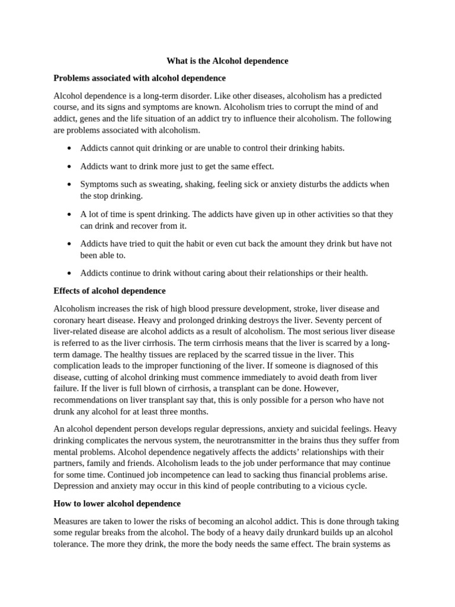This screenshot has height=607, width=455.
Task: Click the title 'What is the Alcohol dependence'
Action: point(227,60)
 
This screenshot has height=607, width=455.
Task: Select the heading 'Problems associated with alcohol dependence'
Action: point(139,78)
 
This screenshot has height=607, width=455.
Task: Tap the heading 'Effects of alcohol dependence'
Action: point(110,290)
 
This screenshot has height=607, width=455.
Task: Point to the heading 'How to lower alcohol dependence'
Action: point(117,503)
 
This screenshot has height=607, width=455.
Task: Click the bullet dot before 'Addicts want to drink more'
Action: point(70,167)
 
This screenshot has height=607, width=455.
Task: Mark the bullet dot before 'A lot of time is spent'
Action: point(70,214)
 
